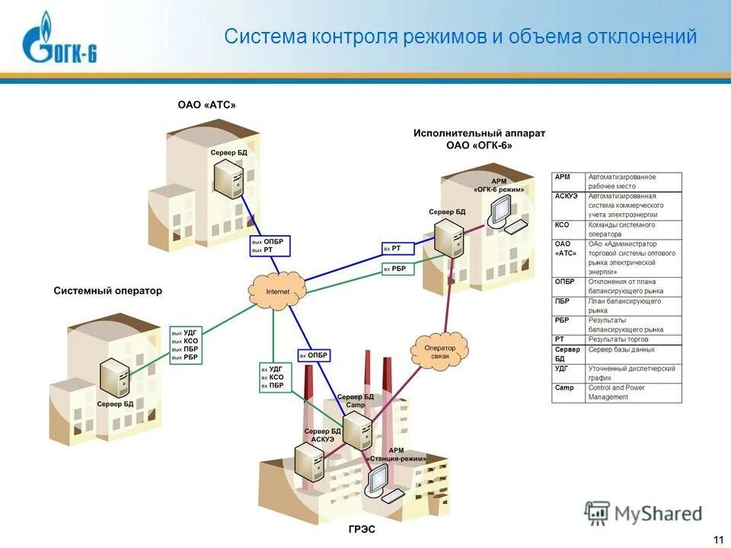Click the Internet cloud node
pyautogui.click(x=277, y=290)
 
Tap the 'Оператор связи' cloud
pyautogui.click(x=441, y=348)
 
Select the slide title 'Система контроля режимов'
pyautogui.click(x=460, y=37)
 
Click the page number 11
pyautogui.click(x=717, y=540)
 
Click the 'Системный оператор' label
pyautogui.click(x=107, y=291)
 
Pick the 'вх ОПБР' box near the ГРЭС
pyautogui.click(x=314, y=355)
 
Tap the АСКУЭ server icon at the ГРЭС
pyautogui.click(x=308, y=460)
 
